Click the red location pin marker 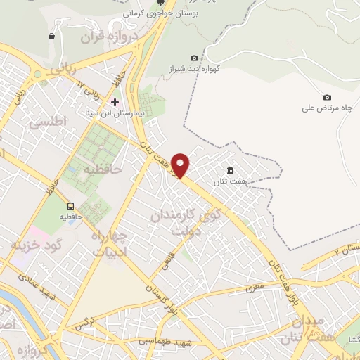181,165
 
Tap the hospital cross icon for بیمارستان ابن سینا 115,102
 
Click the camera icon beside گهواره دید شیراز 194,58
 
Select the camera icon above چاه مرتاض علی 326,97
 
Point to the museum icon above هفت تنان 230,169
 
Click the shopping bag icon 51,37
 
